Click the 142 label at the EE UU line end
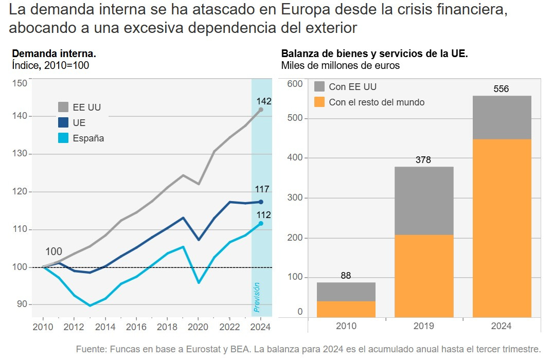point(264,101)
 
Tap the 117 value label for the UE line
point(263,189)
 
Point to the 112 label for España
point(263,215)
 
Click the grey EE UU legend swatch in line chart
point(63,107)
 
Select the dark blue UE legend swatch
point(63,122)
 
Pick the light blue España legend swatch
point(63,138)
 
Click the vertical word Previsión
point(257,297)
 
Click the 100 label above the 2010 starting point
point(53,251)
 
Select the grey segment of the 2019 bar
point(424,201)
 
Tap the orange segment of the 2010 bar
point(346,309)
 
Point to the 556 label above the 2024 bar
point(501,89)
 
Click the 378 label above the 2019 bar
point(423,160)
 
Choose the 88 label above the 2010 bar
point(346,276)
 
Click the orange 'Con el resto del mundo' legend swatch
point(319,102)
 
